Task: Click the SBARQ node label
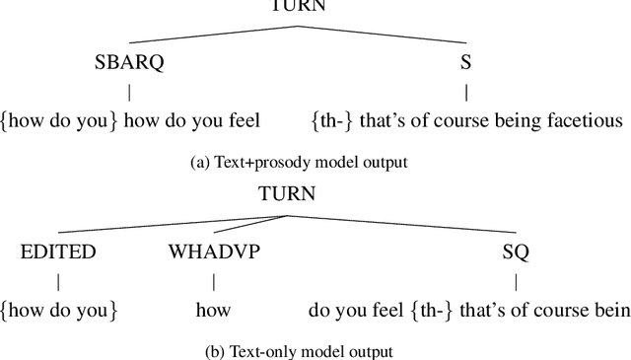click(x=129, y=63)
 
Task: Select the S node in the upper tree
click(x=466, y=63)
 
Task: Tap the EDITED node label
click(x=58, y=252)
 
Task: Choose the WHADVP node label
click(x=214, y=252)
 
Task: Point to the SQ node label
click(x=516, y=252)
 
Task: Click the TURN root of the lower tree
click(x=286, y=193)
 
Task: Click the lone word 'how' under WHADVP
click(x=213, y=311)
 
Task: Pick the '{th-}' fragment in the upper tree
click(x=333, y=122)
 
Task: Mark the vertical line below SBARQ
click(x=129, y=93)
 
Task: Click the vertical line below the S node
click(x=466, y=93)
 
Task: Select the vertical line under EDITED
click(x=58, y=281)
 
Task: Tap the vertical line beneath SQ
click(x=516, y=281)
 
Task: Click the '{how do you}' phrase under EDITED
click(x=59, y=311)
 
